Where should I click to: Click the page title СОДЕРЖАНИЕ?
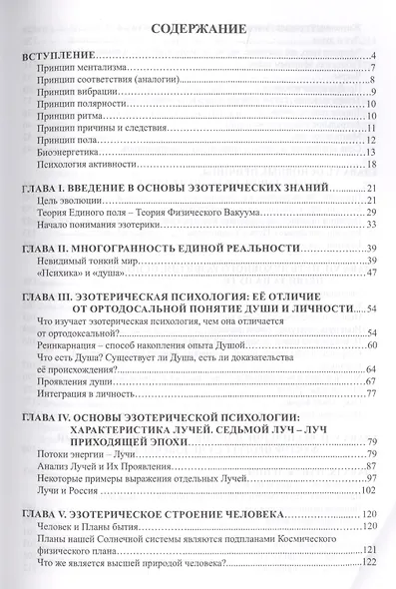click(198, 33)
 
